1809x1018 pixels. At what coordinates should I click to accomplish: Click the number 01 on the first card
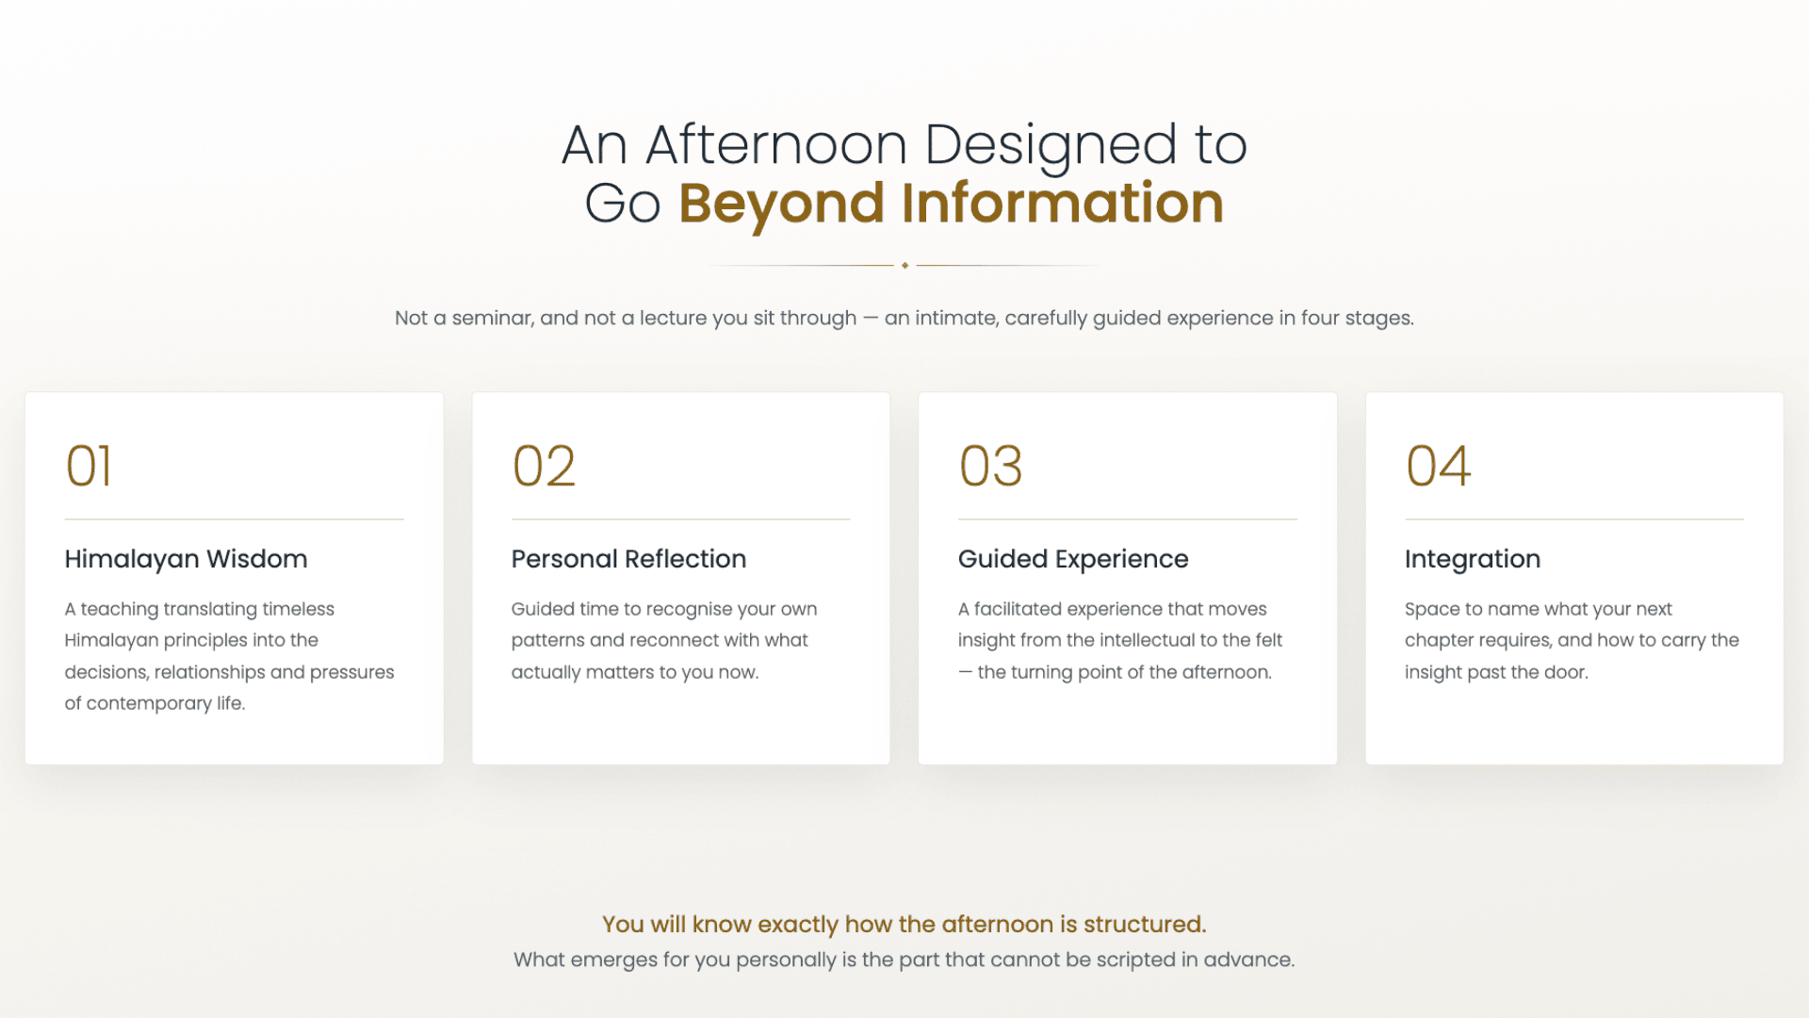click(89, 466)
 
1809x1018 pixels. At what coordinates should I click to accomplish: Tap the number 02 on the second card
click(544, 466)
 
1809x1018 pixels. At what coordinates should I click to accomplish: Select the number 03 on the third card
click(990, 466)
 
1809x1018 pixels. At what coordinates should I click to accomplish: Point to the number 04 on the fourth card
click(1438, 466)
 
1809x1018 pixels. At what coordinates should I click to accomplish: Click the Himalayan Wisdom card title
click(186, 559)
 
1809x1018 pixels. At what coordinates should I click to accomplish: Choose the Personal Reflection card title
click(628, 559)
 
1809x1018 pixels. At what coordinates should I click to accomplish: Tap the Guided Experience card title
click(1073, 559)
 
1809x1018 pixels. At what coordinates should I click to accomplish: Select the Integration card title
click(1473, 559)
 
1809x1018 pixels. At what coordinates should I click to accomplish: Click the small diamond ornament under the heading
click(904, 266)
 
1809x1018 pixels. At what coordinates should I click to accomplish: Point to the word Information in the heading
click(1063, 203)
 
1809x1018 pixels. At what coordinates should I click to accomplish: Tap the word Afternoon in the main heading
click(776, 145)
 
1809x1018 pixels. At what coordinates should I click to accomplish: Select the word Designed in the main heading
click(1051, 145)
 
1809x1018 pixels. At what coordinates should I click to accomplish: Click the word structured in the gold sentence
click(1145, 924)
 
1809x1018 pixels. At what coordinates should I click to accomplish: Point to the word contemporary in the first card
click(149, 703)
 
